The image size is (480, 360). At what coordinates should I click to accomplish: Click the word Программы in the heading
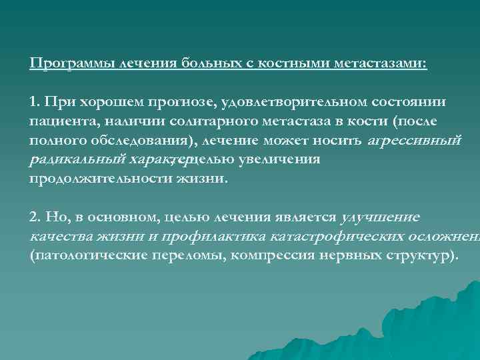71,63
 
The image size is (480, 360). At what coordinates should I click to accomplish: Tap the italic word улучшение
380,217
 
